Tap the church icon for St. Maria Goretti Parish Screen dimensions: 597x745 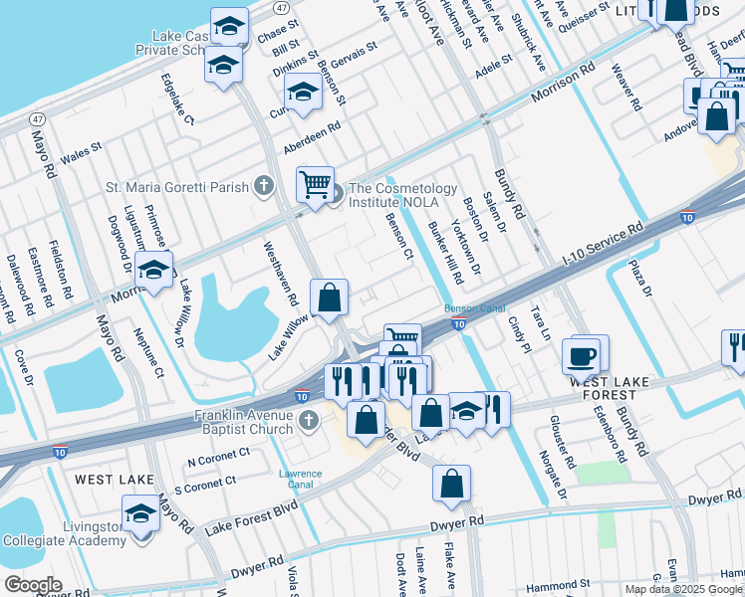264,185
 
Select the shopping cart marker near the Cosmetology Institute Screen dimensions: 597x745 315,184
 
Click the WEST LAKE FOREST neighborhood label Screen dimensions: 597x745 611,381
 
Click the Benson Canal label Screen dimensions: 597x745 469,308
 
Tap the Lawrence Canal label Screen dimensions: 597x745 300,480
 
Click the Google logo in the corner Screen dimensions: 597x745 33,584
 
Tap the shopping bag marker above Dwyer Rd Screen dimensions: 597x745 451,484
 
